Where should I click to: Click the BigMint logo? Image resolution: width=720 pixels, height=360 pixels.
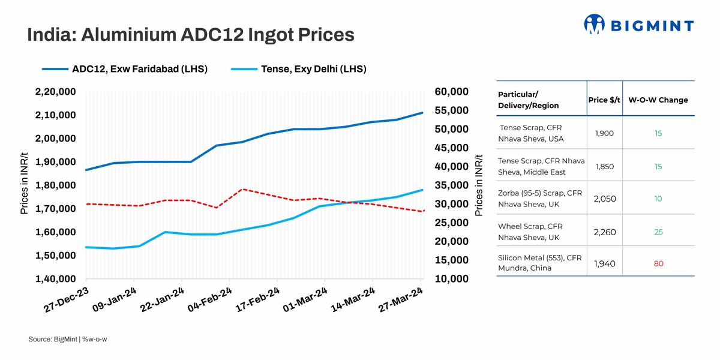pyautogui.click(x=638, y=25)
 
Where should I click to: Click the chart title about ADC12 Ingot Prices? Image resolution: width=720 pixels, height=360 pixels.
pyautogui.click(x=191, y=35)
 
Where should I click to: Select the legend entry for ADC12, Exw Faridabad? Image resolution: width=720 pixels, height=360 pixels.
pyautogui.click(x=139, y=69)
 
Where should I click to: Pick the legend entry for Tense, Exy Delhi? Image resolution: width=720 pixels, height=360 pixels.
pyautogui.click(x=313, y=69)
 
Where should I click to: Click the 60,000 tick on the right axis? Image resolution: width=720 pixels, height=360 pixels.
pyautogui.click(x=451, y=92)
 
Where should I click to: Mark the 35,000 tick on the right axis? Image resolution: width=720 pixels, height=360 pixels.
pyautogui.click(x=451, y=185)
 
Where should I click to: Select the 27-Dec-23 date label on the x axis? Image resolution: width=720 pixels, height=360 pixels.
pyautogui.click(x=67, y=299)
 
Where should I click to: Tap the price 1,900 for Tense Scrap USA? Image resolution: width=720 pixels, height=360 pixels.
pyautogui.click(x=604, y=133)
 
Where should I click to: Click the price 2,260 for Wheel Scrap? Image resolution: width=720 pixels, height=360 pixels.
pyautogui.click(x=604, y=232)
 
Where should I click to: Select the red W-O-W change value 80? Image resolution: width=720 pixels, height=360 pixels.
pyautogui.click(x=658, y=263)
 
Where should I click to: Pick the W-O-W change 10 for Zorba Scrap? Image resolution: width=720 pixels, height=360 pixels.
pyautogui.click(x=658, y=199)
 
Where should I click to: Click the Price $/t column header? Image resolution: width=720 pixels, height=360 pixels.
pyautogui.click(x=604, y=100)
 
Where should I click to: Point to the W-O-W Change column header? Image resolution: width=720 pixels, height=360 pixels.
pyautogui.click(x=658, y=100)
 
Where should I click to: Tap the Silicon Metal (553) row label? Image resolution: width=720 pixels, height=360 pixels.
pyautogui.click(x=539, y=263)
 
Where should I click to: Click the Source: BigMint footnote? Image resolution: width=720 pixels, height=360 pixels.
pyautogui.click(x=67, y=340)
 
